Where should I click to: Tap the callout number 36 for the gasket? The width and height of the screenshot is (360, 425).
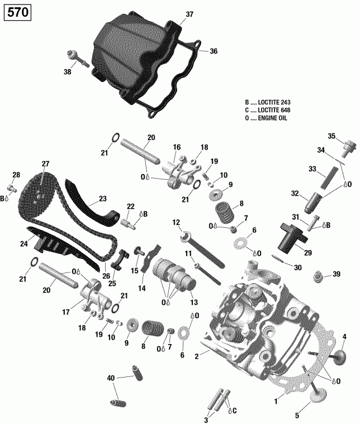(x=213, y=51)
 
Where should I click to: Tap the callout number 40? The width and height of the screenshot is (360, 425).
(x=111, y=379)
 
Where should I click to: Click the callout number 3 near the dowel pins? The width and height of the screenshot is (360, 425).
(x=206, y=420)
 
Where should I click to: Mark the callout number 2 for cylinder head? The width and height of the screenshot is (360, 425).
(x=197, y=356)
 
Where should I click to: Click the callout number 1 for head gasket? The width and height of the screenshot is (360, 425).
(x=276, y=400)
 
